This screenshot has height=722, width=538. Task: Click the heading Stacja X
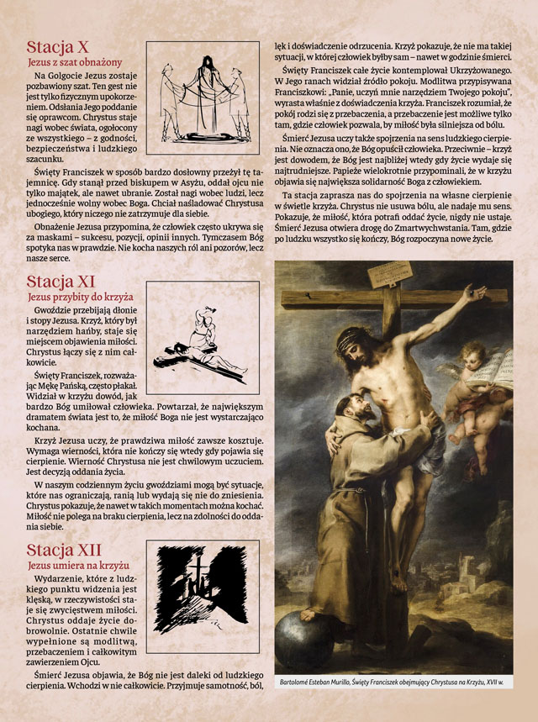(58, 47)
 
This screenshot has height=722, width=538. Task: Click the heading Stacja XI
(61, 281)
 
